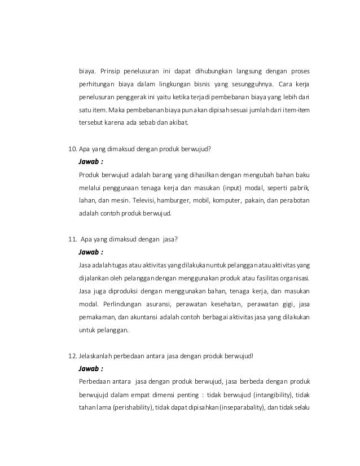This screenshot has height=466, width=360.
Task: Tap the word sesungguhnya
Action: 252,85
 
